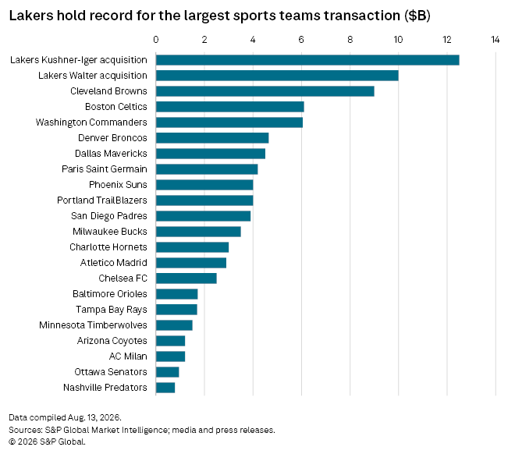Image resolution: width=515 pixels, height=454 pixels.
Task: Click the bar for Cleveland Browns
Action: click(265, 91)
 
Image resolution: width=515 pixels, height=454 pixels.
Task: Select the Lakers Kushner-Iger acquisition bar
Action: click(307, 60)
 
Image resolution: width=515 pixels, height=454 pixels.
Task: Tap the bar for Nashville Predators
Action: click(165, 388)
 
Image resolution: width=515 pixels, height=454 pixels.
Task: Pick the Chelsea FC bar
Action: click(186, 278)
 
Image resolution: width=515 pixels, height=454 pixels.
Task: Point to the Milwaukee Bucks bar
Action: click(198, 232)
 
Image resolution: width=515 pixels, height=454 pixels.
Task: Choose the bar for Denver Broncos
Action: click(212, 138)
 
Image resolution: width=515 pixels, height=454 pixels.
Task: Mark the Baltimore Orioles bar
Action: click(176, 294)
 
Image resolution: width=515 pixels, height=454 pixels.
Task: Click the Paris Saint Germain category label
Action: click(105, 169)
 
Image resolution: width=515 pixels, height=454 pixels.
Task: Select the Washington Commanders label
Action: click(91, 122)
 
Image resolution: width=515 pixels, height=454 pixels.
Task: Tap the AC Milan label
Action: click(128, 356)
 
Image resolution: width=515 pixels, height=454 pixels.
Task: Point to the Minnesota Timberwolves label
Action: click(93, 325)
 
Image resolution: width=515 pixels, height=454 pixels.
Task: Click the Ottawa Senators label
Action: click(111, 372)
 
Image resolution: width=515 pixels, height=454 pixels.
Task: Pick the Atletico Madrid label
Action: click(114, 263)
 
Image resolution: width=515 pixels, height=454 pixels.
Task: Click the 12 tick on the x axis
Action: click(447, 40)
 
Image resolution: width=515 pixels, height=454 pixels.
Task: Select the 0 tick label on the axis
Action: click(156, 40)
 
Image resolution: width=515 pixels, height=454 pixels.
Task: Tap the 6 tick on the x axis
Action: click(301, 40)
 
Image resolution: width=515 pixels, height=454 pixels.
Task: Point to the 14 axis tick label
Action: click(495, 40)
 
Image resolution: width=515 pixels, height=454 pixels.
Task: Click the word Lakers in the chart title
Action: click(31, 16)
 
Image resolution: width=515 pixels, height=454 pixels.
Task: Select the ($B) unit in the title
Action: click(417, 16)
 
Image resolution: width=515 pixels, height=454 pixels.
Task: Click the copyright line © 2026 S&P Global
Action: click(47, 442)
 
